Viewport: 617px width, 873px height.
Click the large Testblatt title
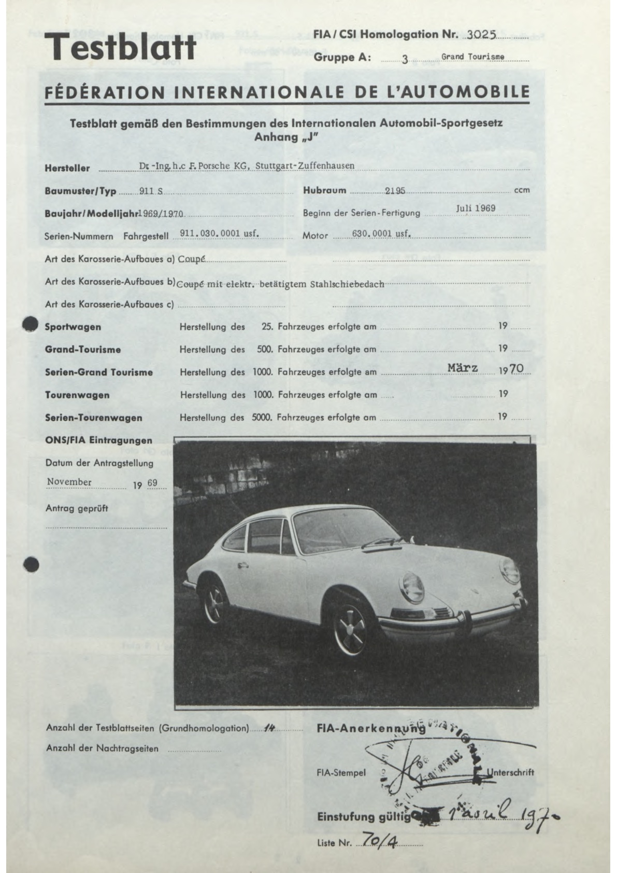[x=120, y=46]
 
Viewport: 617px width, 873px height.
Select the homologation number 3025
[x=481, y=35]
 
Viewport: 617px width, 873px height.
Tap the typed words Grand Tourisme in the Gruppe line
[x=472, y=57]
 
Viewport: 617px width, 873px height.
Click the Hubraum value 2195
[x=395, y=190]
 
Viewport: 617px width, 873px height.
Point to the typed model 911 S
[x=151, y=191]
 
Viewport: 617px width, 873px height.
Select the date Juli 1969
[x=476, y=208]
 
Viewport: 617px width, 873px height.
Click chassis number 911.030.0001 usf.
[x=219, y=233]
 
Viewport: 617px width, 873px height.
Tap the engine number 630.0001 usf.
[x=381, y=233]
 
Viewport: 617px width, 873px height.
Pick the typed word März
[x=463, y=368]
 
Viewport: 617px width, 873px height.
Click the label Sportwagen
[x=73, y=327]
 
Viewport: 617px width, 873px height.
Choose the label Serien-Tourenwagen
[x=93, y=418]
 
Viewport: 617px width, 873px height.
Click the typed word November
[x=69, y=482]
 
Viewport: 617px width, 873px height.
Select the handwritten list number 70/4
[x=379, y=839]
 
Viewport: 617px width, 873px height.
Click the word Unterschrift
[x=510, y=772]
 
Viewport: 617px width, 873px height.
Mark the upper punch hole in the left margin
[x=31, y=324]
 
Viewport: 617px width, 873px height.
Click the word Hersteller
[x=67, y=168]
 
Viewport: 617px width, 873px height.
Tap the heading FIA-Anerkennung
[x=370, y=728]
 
